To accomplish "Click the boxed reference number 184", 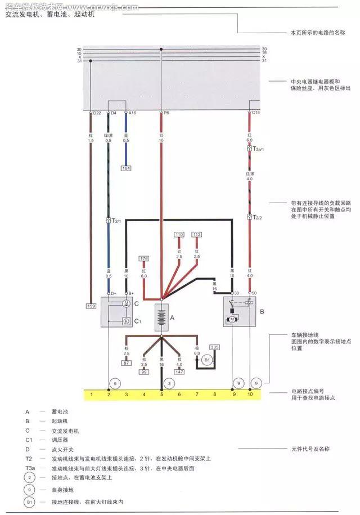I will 126,168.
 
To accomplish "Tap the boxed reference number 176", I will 143,259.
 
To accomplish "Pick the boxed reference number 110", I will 179,234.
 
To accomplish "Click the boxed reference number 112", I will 197,234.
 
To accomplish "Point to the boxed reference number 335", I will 215,348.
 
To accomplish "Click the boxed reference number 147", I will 179,372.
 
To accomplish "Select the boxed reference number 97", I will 127,364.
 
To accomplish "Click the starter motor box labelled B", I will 240,311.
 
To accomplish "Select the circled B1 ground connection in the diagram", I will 206,359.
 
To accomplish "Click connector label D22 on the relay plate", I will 97,113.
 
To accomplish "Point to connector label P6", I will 166,113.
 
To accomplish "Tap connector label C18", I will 255,113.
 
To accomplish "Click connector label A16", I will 132,113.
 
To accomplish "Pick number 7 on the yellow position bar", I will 197,395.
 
